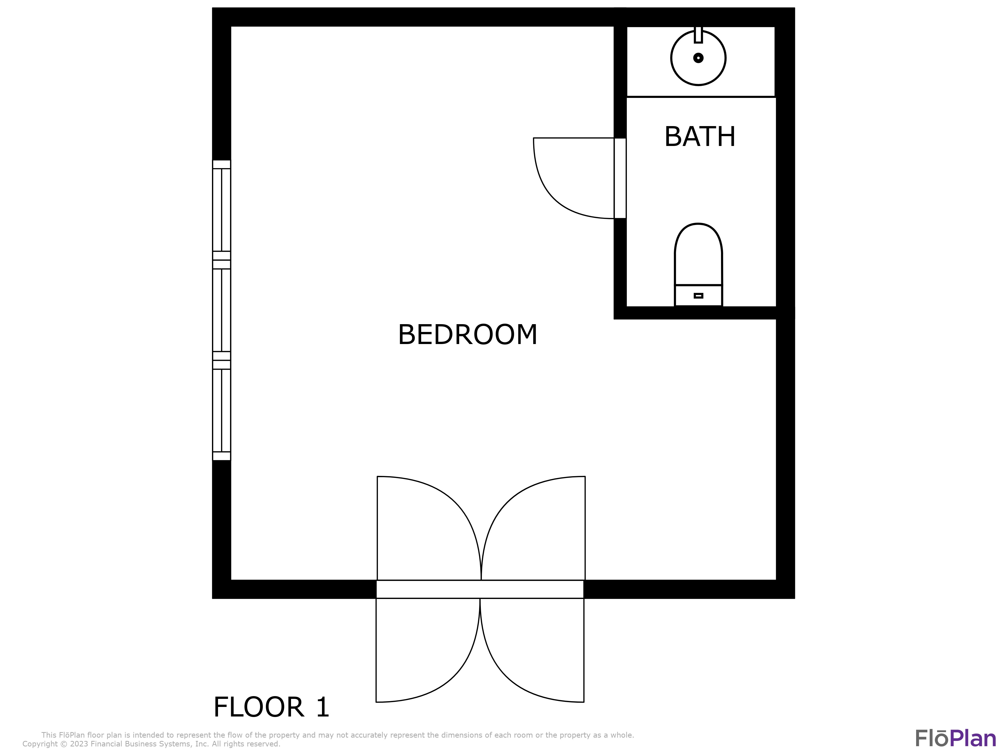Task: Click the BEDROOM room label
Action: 467,335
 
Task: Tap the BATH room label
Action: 700,136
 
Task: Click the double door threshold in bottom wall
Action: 480,589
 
